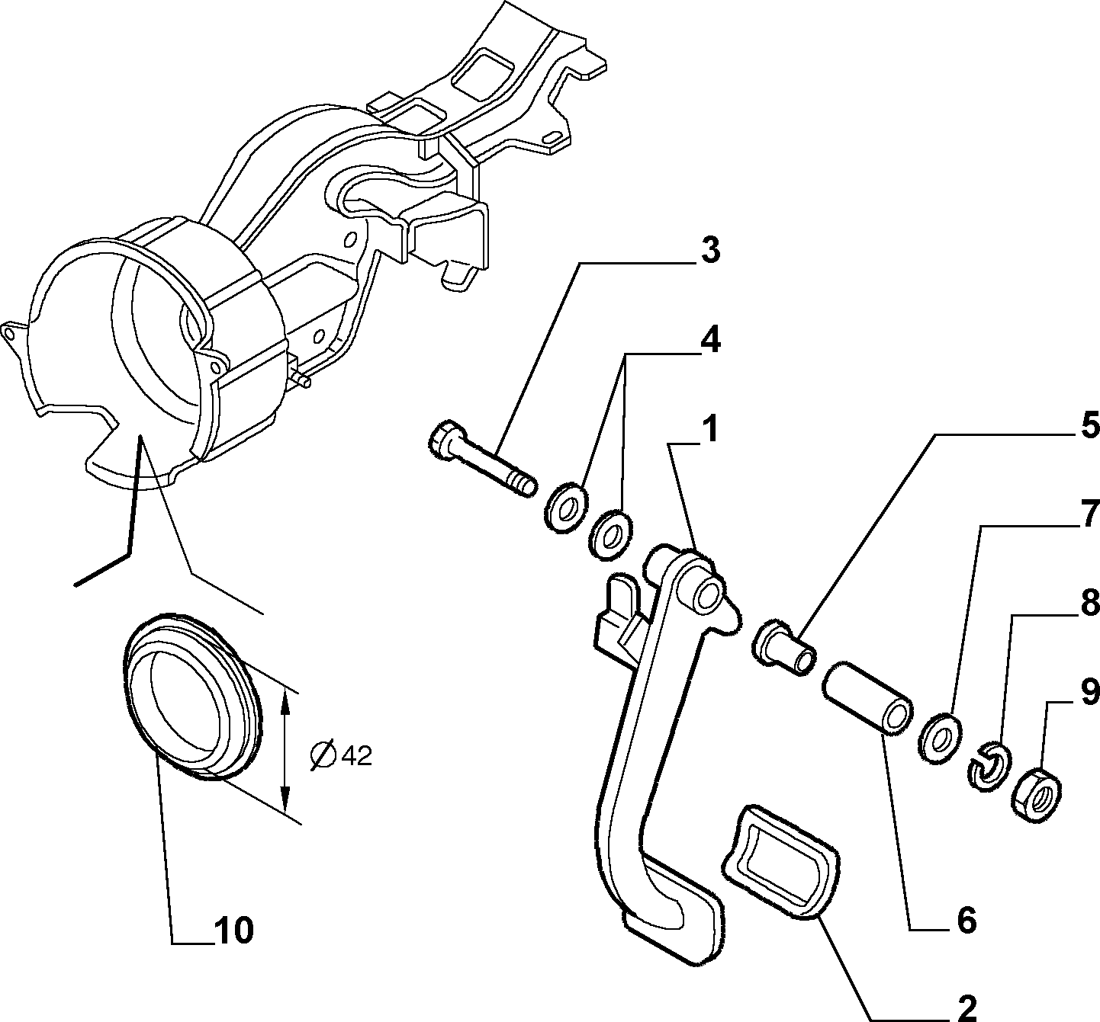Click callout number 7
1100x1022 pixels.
coord(1089,514)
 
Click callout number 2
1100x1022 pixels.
coord(967,1009)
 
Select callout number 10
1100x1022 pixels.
coord(233,930)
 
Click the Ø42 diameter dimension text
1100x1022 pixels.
coord(342,755)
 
